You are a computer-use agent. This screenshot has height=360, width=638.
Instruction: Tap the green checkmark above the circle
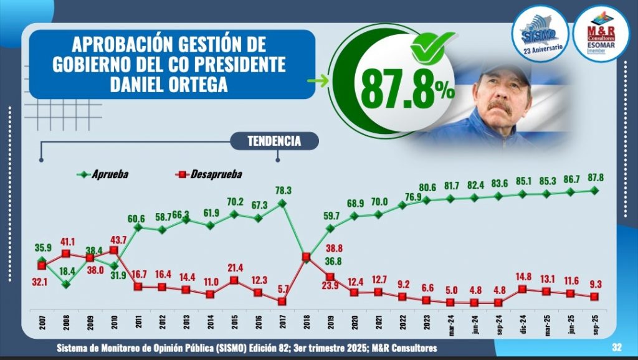pos(432,45)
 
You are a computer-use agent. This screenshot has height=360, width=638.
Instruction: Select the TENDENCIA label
pos(274,141)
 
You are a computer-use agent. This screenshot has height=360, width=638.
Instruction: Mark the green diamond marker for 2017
pos(282,203)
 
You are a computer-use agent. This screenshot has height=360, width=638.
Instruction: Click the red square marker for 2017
pos(282,301)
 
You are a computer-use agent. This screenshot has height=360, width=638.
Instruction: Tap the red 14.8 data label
pos(523,277)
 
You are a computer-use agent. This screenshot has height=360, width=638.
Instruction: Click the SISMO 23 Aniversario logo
pos(540,37)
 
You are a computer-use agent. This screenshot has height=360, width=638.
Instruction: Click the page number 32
pos(617,348)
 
